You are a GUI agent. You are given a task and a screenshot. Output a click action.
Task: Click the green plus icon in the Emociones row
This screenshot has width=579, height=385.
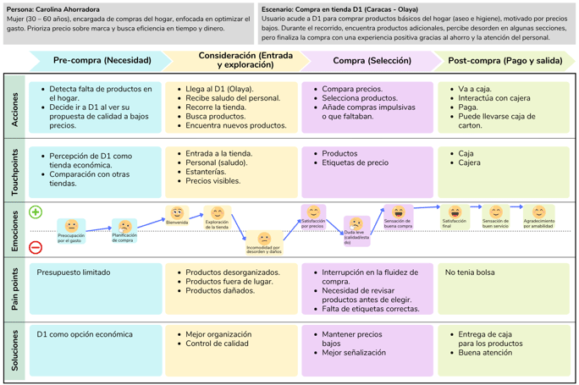point(36,212)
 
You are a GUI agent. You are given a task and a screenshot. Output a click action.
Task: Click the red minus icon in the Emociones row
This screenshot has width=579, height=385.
point(36,247)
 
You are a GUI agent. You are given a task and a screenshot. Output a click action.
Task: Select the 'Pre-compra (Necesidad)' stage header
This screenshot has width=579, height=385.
point(102,60)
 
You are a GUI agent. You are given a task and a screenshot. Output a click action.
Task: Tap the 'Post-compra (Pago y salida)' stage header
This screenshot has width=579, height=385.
point(505,60)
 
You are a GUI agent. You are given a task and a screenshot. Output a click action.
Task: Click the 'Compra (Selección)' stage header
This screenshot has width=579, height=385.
point(372,60)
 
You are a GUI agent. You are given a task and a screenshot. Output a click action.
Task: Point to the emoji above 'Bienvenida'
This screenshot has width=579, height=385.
point(177,213)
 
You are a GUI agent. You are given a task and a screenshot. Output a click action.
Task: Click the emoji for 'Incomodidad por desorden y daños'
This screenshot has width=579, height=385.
point(264,238)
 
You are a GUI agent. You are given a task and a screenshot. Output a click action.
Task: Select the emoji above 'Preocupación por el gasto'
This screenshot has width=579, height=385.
point(71,226)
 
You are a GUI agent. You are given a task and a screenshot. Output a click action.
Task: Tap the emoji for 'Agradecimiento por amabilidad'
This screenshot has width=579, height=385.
point(539,212)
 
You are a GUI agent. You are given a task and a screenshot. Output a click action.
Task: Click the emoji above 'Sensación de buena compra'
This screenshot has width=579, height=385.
point(398,212)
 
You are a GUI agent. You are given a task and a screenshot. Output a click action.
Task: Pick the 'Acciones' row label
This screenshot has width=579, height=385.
point(14,107)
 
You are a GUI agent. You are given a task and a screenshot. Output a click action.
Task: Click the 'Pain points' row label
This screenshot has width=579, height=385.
point(14,289)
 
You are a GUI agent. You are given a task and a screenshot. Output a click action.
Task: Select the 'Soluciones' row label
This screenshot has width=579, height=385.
point(14,350)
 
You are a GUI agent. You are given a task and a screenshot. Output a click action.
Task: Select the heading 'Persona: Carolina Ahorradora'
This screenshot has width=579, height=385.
point(52,10)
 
